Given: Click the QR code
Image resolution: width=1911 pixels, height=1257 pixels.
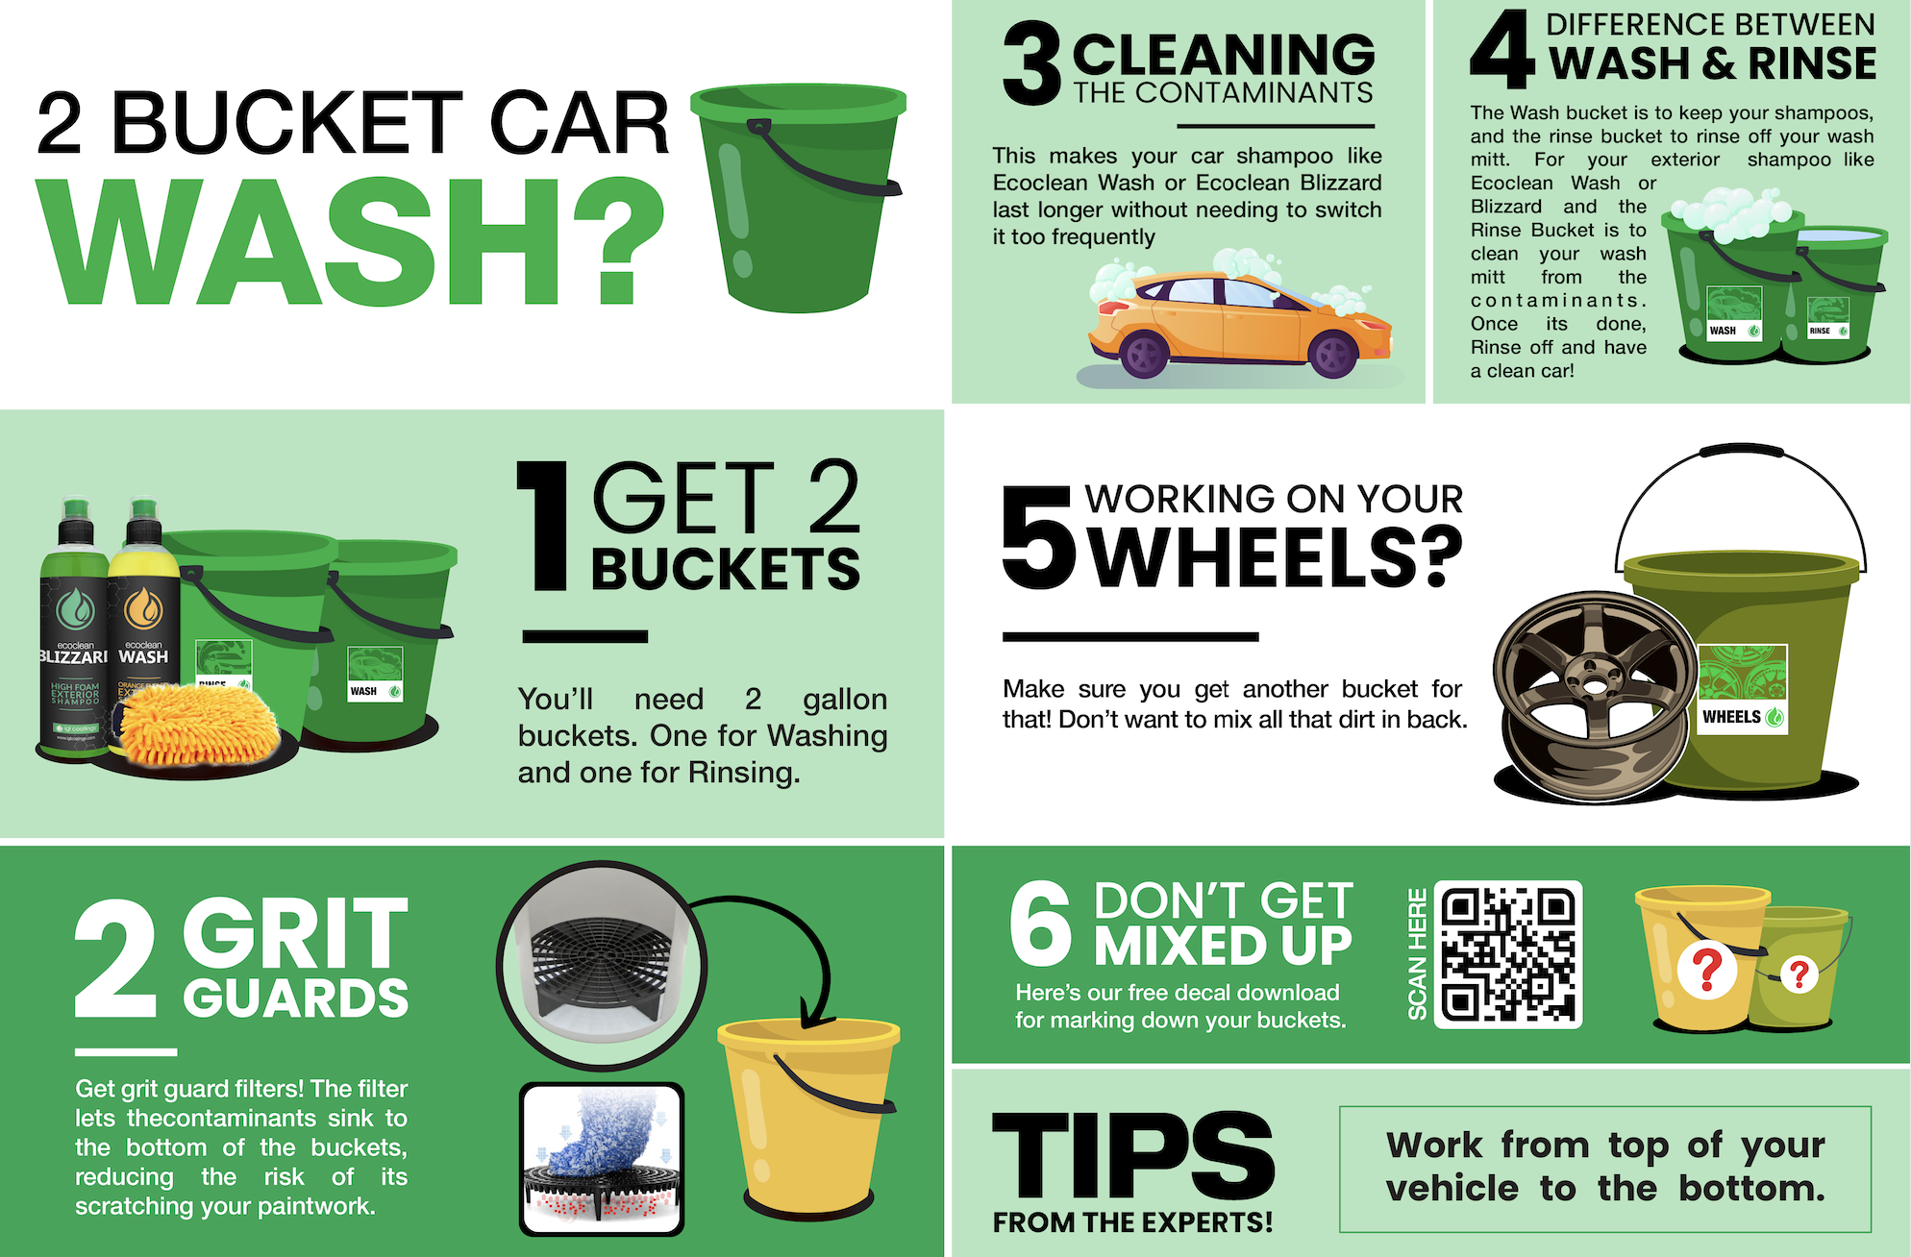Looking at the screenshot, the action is [x=1507, y=954].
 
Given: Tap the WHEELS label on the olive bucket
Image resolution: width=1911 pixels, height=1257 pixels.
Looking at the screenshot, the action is [x=1742, y=717].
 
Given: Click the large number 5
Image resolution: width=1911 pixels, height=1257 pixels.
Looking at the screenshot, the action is [x=1038, y=535].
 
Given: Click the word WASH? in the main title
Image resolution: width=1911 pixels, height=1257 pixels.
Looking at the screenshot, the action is [x=351, y=242].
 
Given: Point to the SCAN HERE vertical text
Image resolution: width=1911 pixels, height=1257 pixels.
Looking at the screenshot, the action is [x=1417, y=954].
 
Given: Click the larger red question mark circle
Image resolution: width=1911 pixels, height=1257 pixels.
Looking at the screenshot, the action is [x=1707, y=971].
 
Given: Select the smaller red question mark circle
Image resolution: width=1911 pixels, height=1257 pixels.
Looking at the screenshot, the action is [x=1799, y=974].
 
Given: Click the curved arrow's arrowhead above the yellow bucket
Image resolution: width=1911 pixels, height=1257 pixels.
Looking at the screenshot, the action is [x=815, y=1015].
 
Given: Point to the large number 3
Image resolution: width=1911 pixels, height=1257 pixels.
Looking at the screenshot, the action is [x=1031, y=64].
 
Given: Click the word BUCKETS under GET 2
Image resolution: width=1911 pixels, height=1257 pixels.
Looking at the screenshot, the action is [x=726, y=569].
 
